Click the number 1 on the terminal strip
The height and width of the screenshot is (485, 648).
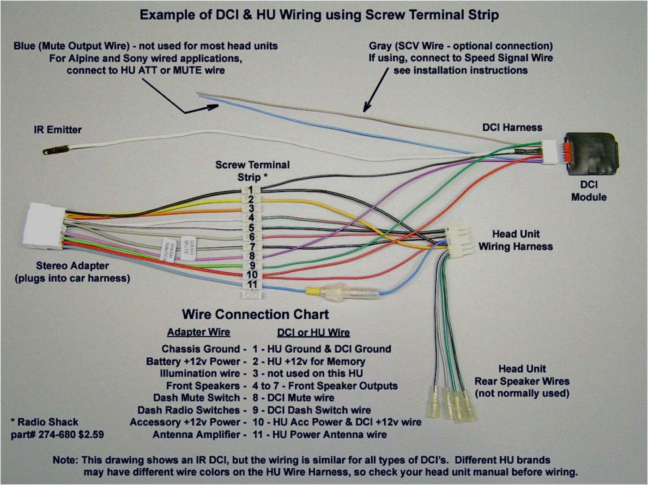pyautogui.click(x=251, y=190)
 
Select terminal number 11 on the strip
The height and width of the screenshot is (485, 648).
pyautogui.click(x=252, y=284)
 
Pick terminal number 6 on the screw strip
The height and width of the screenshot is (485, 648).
pyautogui.click(x=252, y=237)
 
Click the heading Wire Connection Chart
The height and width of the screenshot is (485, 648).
pyautogui.click(x=255, y=314)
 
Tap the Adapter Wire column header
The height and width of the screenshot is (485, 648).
pyautogui.click(x=198, y=332)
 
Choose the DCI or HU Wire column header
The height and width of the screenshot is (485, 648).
pyautogui.click(x=313, y=332)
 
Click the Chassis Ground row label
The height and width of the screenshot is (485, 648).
pyautogui.click(x=201, y=349)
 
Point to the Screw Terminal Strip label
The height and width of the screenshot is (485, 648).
pyautogui.click(x=252, y=170)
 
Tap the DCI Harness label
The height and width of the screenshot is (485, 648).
pyautogui.click(x=512, y=128)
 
